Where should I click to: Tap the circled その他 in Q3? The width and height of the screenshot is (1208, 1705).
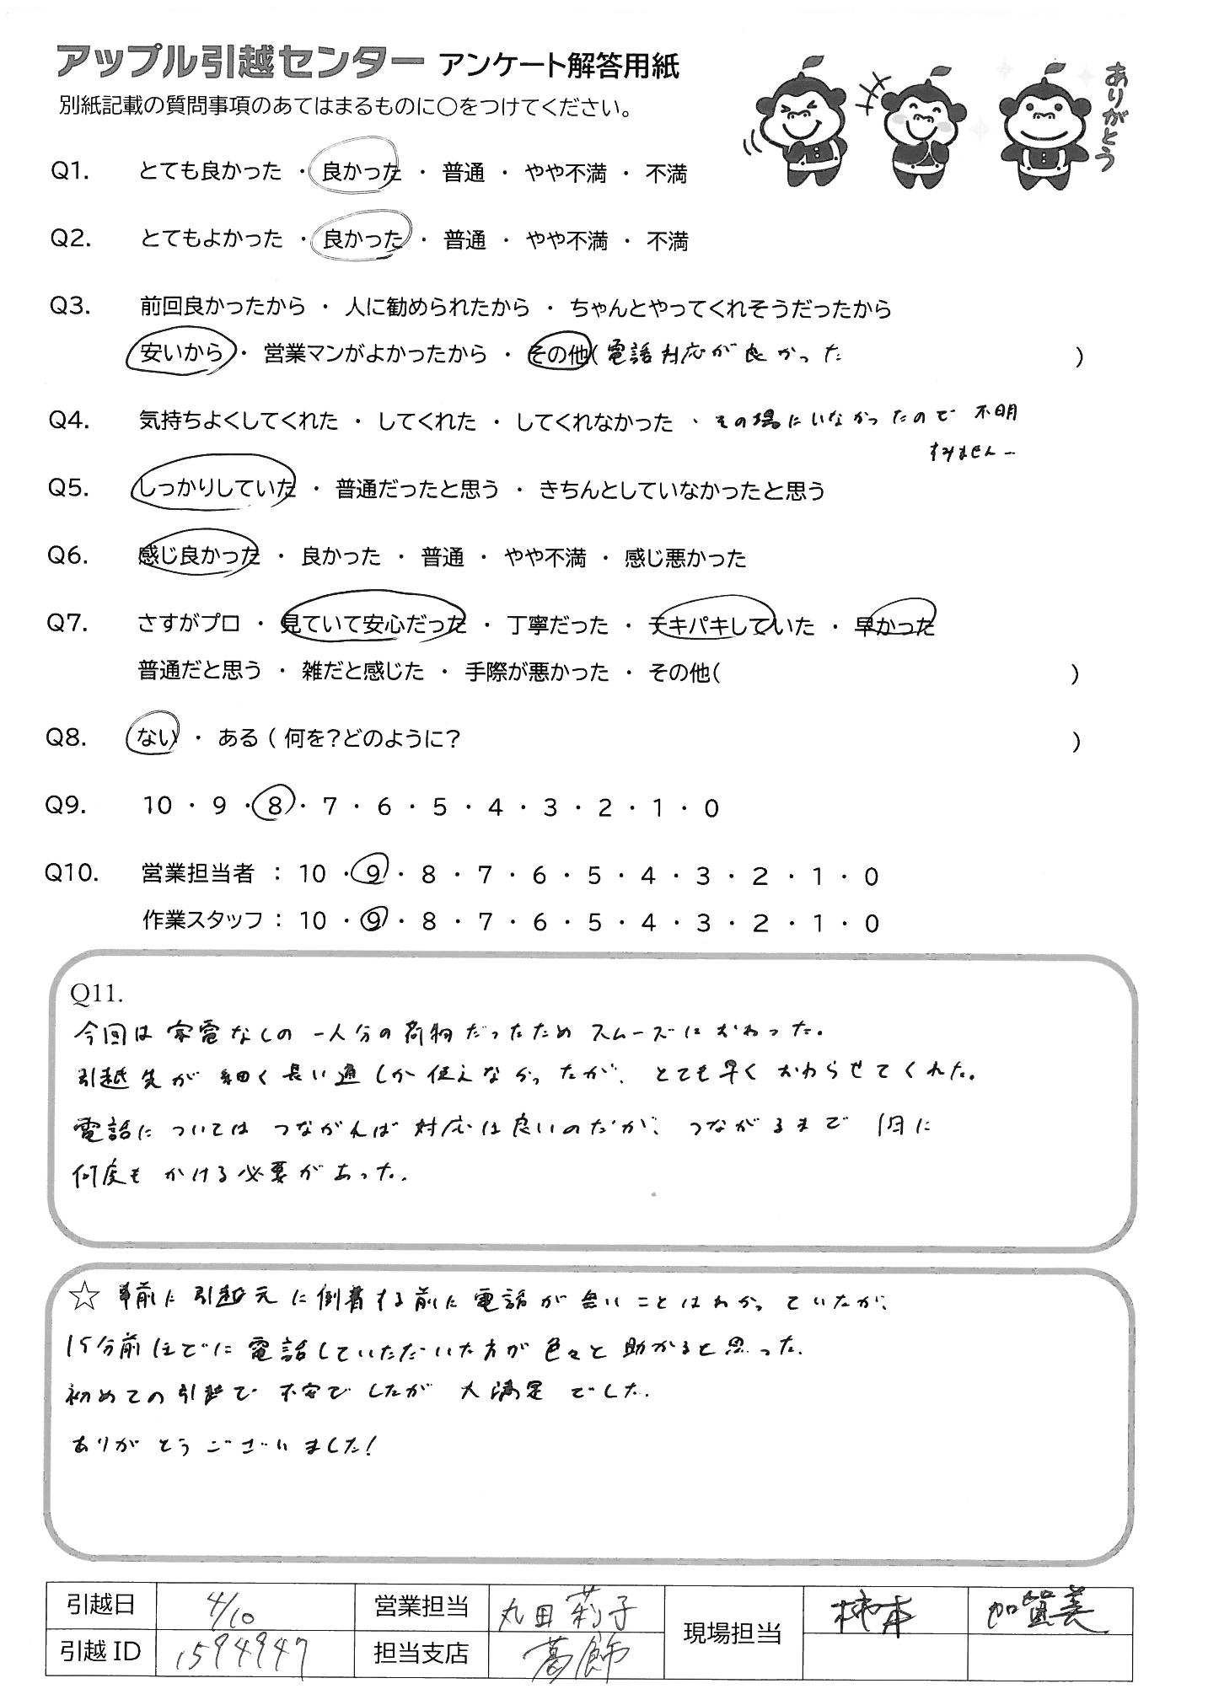click(558, 355)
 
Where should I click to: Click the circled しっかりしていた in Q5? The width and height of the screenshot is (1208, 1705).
click(216, 488)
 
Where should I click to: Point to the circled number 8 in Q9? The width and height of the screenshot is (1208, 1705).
click(273, 807)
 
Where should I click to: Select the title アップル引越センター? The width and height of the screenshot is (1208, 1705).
click(239, 65)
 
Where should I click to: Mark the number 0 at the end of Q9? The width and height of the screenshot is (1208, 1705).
click(711, 808)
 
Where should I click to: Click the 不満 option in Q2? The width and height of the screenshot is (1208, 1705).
click(667, 242)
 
